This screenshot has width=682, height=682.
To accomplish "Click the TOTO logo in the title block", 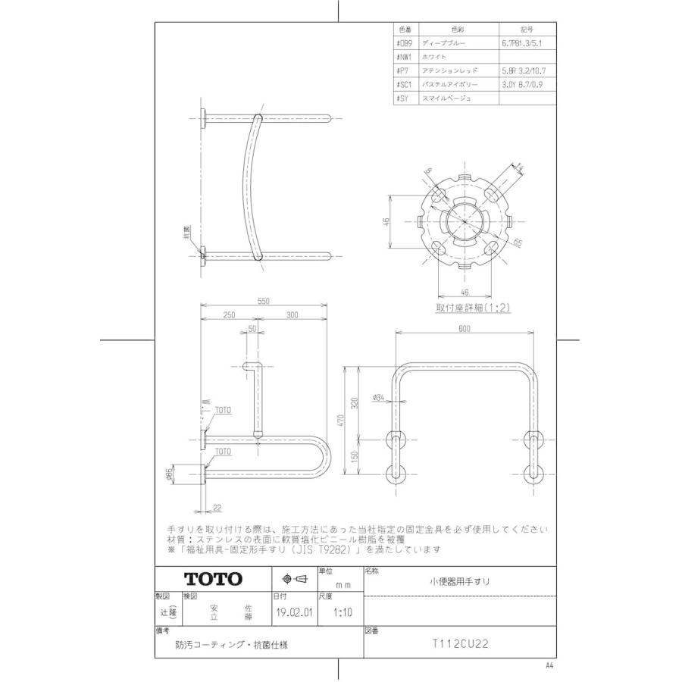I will click(x=214, y=579).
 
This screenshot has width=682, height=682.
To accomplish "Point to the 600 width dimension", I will click(x=465, y=329).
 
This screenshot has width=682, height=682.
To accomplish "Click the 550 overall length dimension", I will click(x=263, y=301).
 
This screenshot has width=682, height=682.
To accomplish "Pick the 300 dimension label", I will click(x=295, y=314).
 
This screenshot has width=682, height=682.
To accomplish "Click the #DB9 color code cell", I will click(x=403, y=44).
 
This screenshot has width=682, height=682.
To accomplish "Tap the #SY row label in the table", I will click(x=402, y=99).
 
